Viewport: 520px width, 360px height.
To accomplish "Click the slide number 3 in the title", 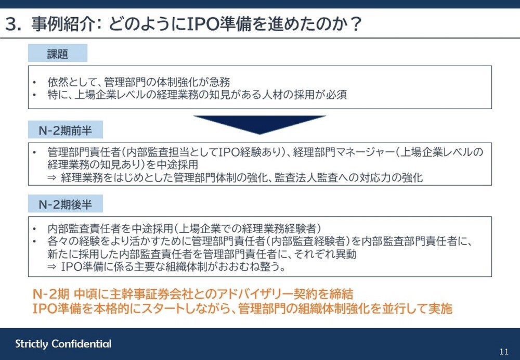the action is [x=11, y=24].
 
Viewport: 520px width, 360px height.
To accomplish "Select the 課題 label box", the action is [x=58, y=53].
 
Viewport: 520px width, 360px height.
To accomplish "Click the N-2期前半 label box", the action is [x=66, y=130].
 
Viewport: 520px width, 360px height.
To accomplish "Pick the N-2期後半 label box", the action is [x=66, y=204].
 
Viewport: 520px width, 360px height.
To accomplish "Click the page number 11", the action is [x=504, y=352].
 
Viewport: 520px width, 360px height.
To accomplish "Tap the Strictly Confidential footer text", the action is [x=63, y=344].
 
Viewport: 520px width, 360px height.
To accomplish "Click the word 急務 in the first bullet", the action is [x=219, y=82].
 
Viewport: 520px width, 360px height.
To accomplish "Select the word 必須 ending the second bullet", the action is [x=336, y=95].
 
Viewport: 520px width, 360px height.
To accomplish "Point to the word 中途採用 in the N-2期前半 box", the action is [x=177, y=165].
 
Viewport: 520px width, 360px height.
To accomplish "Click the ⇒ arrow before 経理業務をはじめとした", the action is [x=51, y=178].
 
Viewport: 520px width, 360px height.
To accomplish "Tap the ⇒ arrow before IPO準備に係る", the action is [x=51, y=267].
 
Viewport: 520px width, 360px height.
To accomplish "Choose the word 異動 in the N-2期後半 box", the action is [x=346, y=254].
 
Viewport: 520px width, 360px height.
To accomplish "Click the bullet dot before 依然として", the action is [x=34, y=82].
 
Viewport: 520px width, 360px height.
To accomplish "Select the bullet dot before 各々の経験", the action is [x=34, y=241].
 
